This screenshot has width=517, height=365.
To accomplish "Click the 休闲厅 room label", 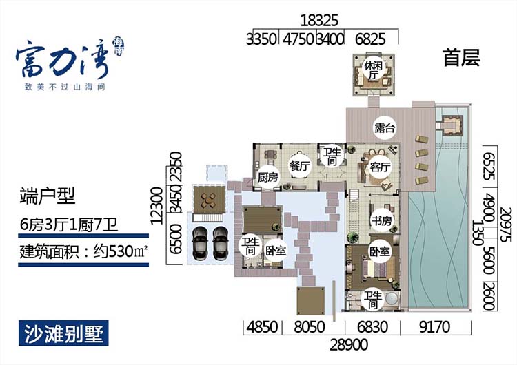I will pyautogui.click(x=374, y=70).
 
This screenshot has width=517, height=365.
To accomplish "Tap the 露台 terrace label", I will pyautogui.click(x=384, y=127).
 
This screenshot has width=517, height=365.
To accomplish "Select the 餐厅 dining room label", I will pyautogui.click(x=298, y=166).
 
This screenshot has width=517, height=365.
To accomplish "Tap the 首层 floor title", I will pyautogui.click(x=460, y=58).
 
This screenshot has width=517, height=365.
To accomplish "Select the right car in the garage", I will pyautogui.click(x=221, y=240).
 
